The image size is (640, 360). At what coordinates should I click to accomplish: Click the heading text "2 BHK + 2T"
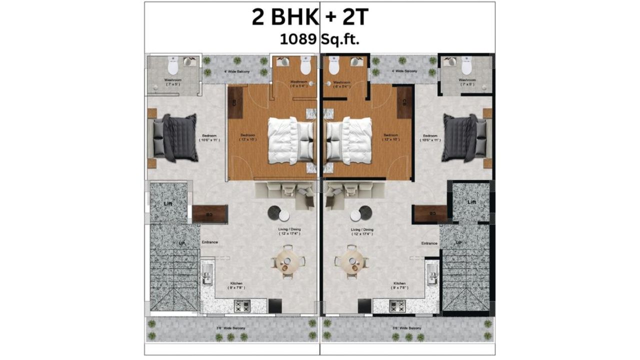click(309, 17)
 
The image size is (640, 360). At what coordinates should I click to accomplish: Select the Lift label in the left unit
click(168, 203)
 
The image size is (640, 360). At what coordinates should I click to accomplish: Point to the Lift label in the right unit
click(471, 202)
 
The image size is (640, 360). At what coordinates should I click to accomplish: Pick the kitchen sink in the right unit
click(432, 275)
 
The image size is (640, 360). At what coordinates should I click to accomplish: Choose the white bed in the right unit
click(349, 140)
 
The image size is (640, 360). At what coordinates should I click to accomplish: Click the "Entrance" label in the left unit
click(209, 242)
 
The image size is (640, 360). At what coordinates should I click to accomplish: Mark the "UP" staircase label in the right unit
click(458, 243)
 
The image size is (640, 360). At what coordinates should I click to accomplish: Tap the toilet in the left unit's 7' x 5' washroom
click(173, 65)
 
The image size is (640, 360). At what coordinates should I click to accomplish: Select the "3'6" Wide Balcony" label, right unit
click(407, 328)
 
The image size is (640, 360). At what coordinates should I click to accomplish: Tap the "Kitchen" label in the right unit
click(399, 283)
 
